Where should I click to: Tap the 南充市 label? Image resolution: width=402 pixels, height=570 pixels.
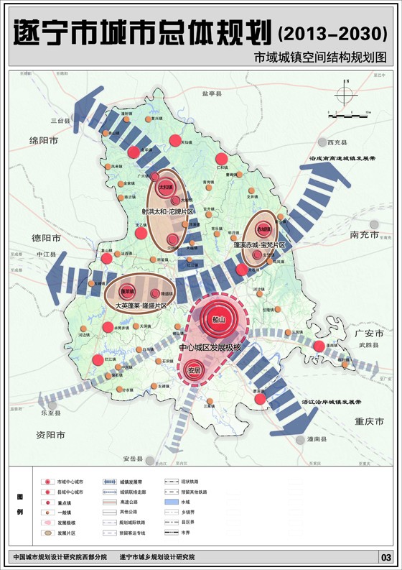point(365,235)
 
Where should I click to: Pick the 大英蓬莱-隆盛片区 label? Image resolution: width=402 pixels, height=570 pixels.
point(141,305)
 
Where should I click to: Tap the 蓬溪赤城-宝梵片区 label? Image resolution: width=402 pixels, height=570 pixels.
point(259,245)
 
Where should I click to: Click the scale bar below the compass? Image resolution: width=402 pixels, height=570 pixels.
point(347,114)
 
